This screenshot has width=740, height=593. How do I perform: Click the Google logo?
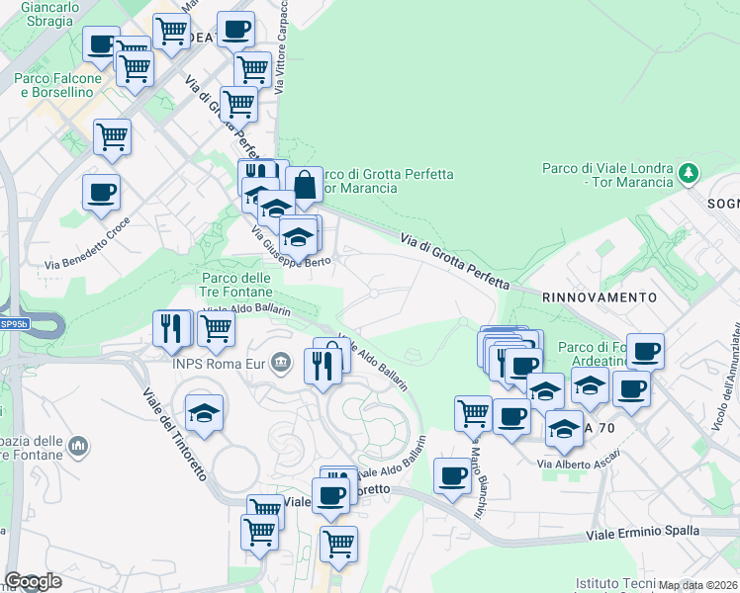point(33,581)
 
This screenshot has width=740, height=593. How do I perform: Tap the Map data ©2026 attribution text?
point(698,585)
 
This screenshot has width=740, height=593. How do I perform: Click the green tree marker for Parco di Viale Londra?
point(689,174)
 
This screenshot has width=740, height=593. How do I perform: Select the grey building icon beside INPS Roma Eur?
point(282,363)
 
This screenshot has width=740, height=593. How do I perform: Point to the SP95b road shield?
point(14,323)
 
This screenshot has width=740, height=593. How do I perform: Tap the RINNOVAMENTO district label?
point(599,296)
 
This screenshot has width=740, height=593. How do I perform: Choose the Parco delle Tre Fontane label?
point(236,285)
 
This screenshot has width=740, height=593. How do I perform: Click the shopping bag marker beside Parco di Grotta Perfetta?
point(304,184)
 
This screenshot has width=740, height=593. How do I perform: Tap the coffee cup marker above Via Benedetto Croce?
point(101,193)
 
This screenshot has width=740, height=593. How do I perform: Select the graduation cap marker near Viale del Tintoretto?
point(204,413)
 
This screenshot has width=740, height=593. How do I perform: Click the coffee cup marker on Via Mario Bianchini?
point(453,475)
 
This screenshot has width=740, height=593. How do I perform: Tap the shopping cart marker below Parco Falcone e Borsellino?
point(112,137)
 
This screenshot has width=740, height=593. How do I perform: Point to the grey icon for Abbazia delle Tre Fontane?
point(78,448)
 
